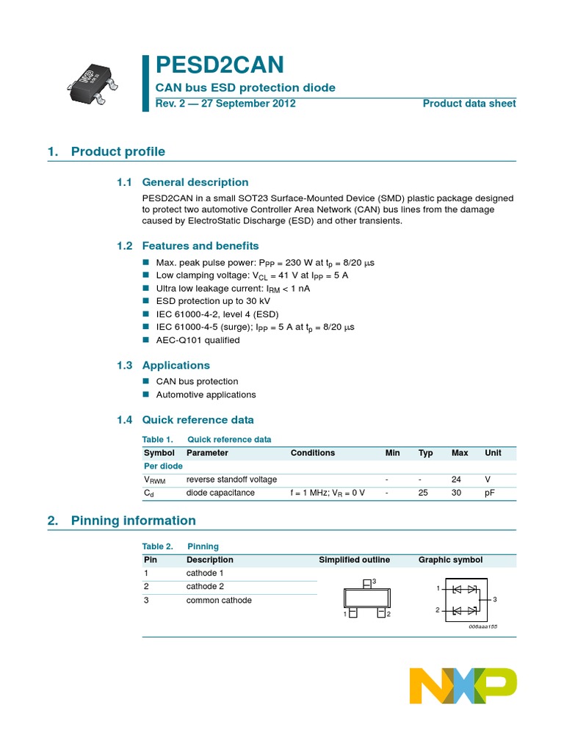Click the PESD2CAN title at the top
coord(220,65)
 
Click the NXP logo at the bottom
coord(463,686)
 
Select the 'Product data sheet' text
coord(469,104)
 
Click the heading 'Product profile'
coord(117,152)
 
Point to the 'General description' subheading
coord(195,182)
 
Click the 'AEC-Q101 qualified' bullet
coord(198,340)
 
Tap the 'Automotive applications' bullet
coord(206,394)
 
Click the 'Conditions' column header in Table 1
coord(312,453)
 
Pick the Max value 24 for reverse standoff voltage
coord(456,480)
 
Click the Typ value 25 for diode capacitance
coord(423,493)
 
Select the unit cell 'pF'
coord(489,493)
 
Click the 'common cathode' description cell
coord(219,600)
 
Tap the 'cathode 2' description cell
coord(205,586)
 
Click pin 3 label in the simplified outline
coord(374,582)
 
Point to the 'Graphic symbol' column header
coord(450,560)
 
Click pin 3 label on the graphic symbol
coord(495,599)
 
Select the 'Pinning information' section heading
coord(133,521)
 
